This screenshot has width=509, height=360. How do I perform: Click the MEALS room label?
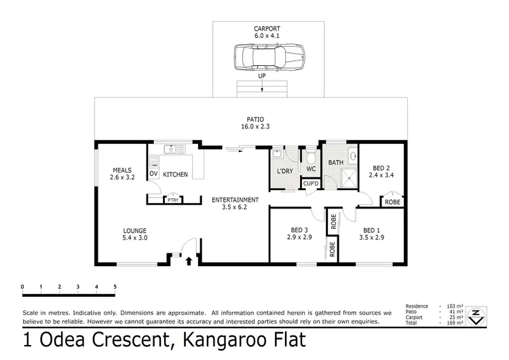(x=122, y=171)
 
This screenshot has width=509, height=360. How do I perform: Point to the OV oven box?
(x=153, y=175)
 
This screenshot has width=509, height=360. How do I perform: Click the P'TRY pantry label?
(x=173, y=200)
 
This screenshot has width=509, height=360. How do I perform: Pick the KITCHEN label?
(x=175, y=175)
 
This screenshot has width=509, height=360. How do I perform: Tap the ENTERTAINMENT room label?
(x=235, y=200)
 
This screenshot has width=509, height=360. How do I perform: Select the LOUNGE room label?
(x=134, y=230)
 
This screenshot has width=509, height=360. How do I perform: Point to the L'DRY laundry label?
(x=285, y=171)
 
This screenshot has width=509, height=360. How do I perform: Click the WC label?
(x=311, y=168)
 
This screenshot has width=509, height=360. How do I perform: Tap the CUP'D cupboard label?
(x=312, y=184)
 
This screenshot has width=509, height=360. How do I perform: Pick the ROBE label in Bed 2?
(x=392, y=202)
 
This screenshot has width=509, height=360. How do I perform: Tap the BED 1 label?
(x=373, y=230)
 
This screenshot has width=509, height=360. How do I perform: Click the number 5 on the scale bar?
(x=115, y=287)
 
